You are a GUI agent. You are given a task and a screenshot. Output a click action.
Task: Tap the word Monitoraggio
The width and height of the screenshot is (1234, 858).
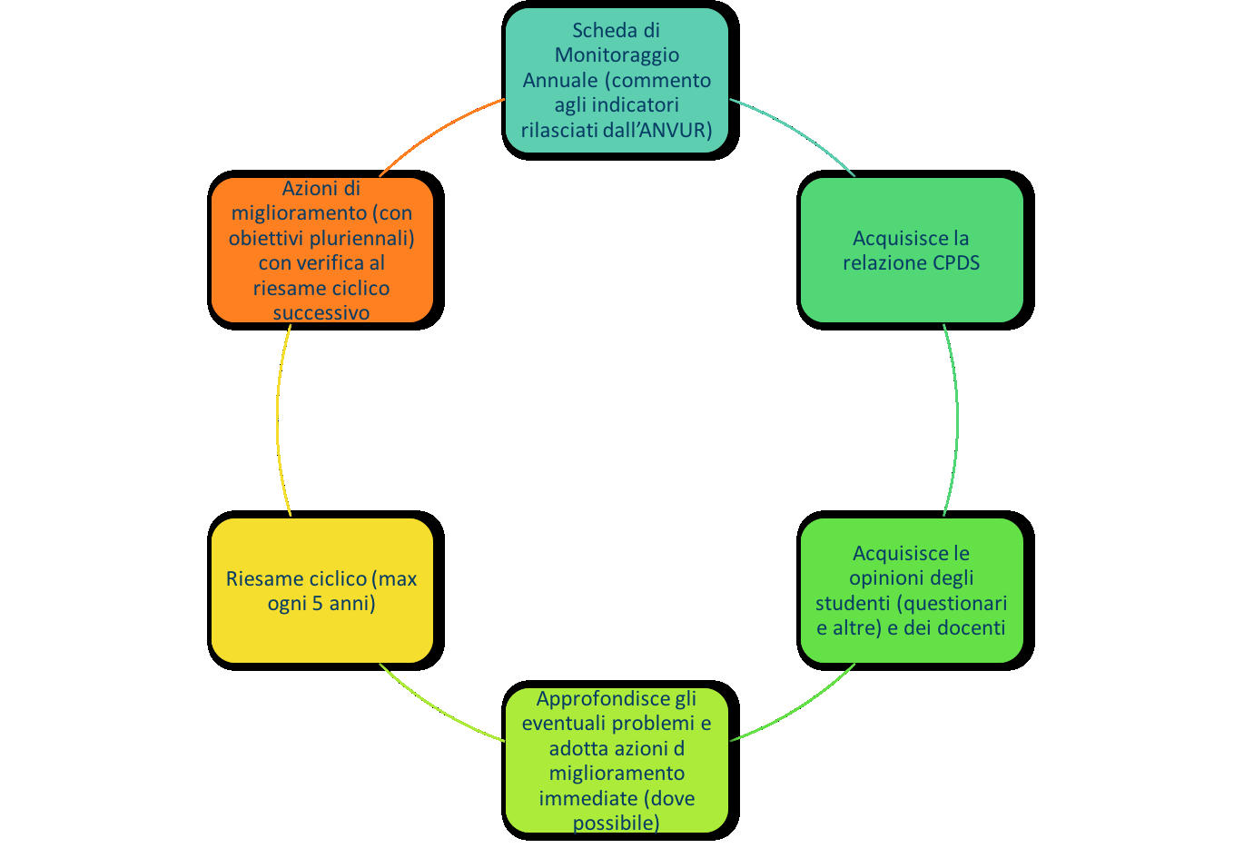[617, 55]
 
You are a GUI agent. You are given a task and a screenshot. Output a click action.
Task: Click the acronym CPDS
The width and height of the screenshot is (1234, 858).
[955, 262]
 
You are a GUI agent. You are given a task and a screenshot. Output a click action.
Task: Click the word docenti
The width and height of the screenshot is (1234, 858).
[974, 627]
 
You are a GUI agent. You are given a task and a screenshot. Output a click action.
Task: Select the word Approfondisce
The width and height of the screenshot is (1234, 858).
[602, 699]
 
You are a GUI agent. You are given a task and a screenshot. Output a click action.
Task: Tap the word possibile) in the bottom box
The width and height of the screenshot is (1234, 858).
[616, 823]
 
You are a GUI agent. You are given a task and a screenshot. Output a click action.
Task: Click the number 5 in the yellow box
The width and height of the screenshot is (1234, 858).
[317, 604]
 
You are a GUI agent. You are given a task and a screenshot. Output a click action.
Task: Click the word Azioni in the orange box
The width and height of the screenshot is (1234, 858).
[305, 188]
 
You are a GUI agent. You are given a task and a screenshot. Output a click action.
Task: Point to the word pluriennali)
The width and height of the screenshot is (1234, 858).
[361, 239]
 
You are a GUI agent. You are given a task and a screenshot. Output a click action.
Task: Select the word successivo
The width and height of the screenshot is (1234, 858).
[321, 313]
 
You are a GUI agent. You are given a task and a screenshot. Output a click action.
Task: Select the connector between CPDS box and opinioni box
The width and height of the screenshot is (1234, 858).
[956, 420]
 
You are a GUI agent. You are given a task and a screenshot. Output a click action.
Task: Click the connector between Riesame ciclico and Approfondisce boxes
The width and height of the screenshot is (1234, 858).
[438, 709]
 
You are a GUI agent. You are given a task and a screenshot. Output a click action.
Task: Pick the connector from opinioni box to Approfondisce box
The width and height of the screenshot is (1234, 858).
[796, 709]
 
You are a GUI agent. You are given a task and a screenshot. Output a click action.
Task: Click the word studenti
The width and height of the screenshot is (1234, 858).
[854, 604]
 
